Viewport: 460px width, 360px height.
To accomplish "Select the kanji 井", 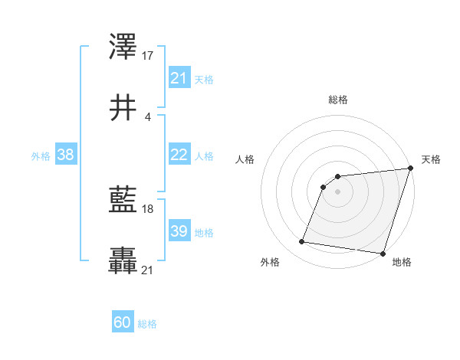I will [124, 108].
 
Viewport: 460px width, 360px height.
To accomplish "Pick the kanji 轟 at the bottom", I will [124, 262].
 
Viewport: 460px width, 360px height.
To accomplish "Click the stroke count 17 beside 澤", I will [149, 55].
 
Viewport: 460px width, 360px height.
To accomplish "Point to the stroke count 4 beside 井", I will [147, 116].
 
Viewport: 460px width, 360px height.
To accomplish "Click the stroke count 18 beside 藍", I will [149, 209].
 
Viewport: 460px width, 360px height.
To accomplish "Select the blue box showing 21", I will [179, 78].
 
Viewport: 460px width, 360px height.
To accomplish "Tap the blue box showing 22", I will [179, 155].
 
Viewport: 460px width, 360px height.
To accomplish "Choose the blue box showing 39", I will [179, 231].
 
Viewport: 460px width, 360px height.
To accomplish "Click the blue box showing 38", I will [66, 155].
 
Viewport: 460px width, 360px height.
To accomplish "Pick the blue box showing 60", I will [122, 322].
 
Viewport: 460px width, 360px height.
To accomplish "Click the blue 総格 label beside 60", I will [147, 324].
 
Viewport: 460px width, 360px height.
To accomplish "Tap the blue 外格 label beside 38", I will [41, 155].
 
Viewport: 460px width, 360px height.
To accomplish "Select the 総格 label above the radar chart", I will [337, 100].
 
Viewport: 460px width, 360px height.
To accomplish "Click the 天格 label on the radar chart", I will [431, 159].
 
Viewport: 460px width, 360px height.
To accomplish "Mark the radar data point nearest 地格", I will [383, 254].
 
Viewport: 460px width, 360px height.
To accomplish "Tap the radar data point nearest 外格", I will [301, 242].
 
